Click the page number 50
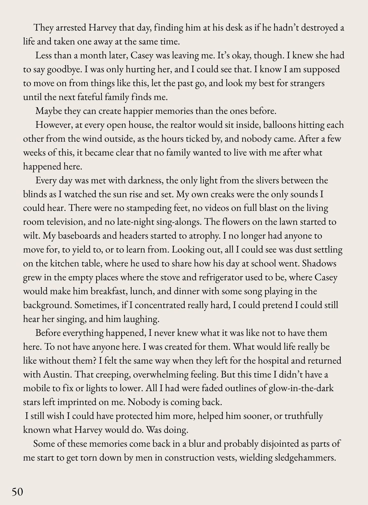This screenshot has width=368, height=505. click(x=17, y=492)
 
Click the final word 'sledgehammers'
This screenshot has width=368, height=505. click(x=305, y=458)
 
